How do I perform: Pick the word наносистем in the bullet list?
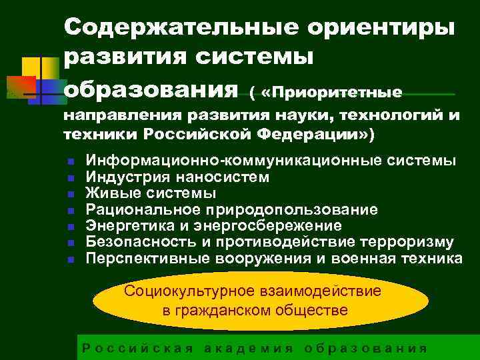point(229,177)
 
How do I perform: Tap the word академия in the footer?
point(248,348)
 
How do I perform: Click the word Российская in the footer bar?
point(137,348)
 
